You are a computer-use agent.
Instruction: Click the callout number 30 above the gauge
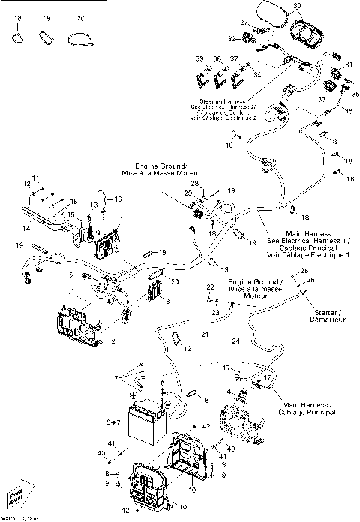click(x=297, y=6)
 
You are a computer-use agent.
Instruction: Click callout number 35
click(x=355, y=93)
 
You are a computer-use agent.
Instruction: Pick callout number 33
click(x=321, y=99)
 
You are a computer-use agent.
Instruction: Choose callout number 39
click(x=200, y=58)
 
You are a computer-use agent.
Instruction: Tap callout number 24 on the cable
click(x=235, y=341)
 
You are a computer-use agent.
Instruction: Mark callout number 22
click(x=211, y=288)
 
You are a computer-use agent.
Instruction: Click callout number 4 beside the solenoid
click(x=228, y=391)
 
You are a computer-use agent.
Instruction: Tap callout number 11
click(x=34, y=178)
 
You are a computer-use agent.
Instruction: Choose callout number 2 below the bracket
click(x=112, y=340)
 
